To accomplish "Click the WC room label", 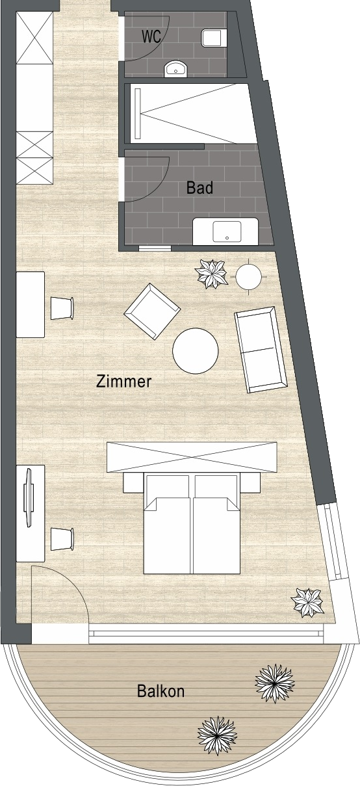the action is [x=151, y=36].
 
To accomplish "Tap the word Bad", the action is [x=199, y=188].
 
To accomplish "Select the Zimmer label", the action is [x=123, y=381].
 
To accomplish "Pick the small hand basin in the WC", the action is [x=175, y=69].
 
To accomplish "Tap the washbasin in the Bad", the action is [x=227, y=231].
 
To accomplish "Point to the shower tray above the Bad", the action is [x=191, y=113].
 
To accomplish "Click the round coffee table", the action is [x=196, y=350].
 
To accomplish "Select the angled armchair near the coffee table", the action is [x=152, y=311].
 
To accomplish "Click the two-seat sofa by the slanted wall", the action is [x=261, y=350].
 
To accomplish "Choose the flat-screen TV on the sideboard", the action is [x=28, y=497].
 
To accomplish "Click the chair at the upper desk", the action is [x=62, y=308].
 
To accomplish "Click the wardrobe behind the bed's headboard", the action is [x=192, y=458].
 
